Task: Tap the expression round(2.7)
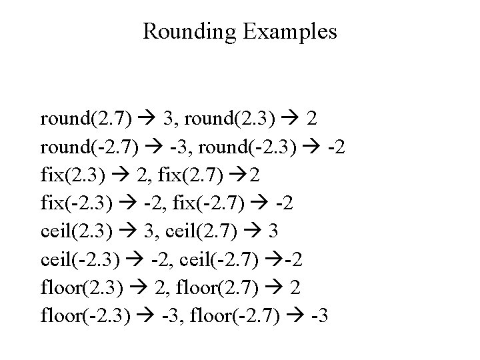pos(85,119)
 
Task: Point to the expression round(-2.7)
pos(88,147)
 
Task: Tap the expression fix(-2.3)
pos(74,201)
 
